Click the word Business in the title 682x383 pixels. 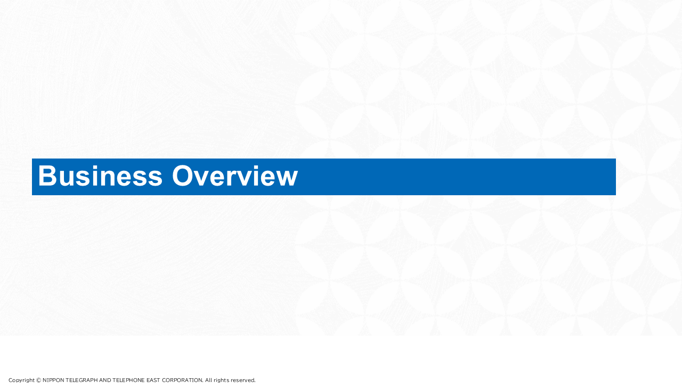click(100, 176)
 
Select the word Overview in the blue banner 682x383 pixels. click(235, 176)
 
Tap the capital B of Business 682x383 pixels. click(47, 176)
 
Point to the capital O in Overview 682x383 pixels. click(183, 176)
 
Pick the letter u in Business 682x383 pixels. click(67, 178)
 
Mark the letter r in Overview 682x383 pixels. click(233, 178)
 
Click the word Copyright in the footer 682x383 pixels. click(21, 380)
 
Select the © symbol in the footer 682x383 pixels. click(38, 380)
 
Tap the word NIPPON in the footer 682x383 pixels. click(53, 380)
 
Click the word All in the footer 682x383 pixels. click(208, 380)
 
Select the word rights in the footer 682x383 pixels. click(221, 380)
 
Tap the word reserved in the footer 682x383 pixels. click(243, 380)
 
